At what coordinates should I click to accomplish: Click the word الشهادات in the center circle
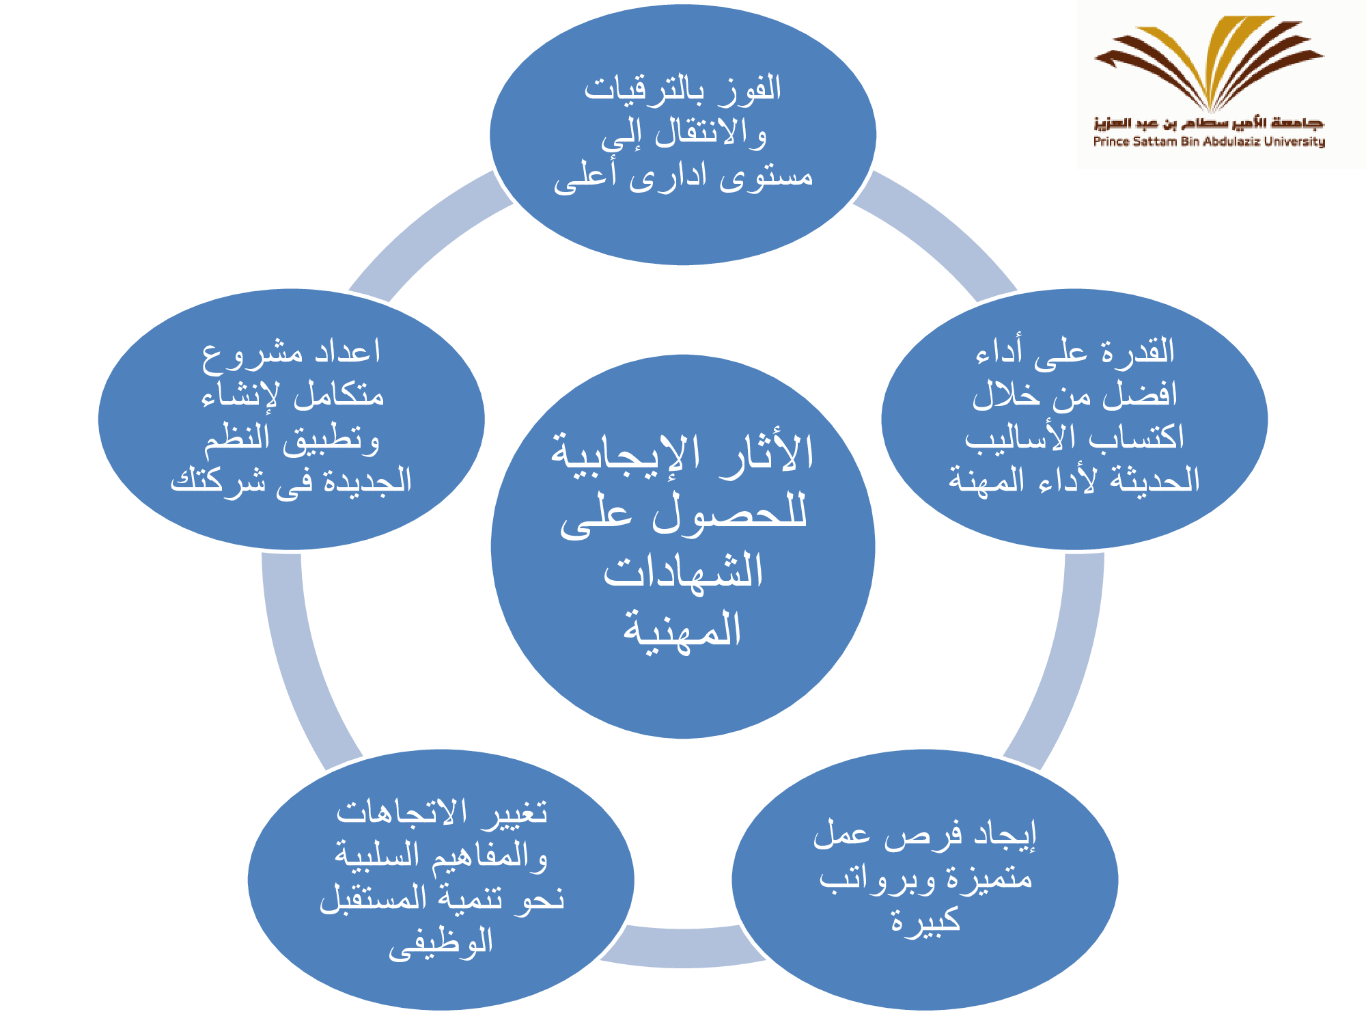tap(683, 571)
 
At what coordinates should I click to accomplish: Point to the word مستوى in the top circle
tap(766, 176)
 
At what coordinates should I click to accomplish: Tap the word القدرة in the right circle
tap(1138, 351)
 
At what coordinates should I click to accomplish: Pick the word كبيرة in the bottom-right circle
tap(926, 920)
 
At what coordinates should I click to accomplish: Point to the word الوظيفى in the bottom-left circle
tap(441, 943)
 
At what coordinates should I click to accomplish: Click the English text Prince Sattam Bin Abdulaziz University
tap(1209, 141)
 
